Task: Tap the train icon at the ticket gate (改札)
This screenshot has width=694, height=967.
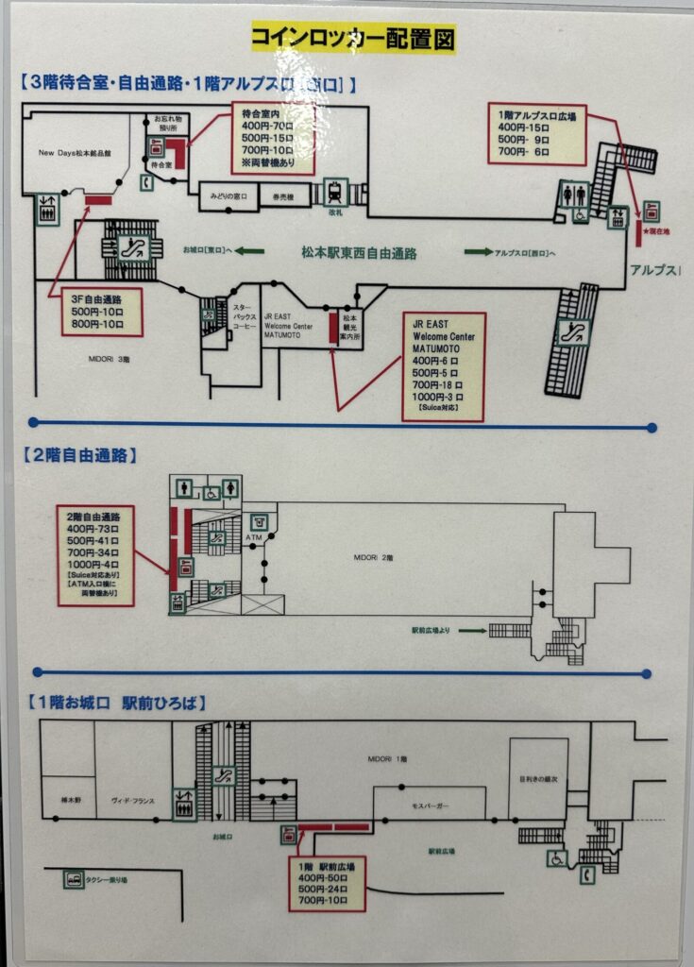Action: tap(334, 192)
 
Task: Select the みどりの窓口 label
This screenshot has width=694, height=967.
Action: tap(229, 196)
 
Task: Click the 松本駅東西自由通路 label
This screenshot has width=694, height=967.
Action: tap(359, 253)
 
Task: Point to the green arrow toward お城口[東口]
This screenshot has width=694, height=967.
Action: tap(249, 251)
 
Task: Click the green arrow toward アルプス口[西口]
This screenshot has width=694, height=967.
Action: tap(478, 252)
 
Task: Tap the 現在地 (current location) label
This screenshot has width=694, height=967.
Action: tap(658, 231)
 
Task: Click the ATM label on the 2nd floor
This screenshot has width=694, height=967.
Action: tap(252, 538)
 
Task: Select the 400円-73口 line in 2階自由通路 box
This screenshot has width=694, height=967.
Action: tap(94, 529)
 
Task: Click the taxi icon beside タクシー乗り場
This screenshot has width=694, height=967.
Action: tap(74, 880)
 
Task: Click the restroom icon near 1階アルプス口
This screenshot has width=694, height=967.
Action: tap(573, 194)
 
